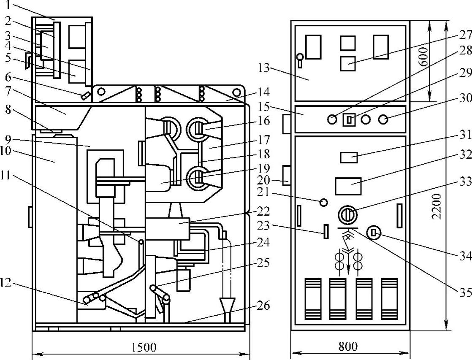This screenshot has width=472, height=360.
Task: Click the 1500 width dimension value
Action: (x=144, y=347)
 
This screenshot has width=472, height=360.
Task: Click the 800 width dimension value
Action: (x=348, y=346)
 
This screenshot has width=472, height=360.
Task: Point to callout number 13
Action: (x=263, y=68)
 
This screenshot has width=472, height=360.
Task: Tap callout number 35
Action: (x=465, y=292)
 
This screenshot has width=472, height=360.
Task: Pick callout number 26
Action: (x=263, y=306)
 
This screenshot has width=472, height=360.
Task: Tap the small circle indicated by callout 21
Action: (x=323, y=202)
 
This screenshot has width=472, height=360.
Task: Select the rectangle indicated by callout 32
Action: (x=348, y=186)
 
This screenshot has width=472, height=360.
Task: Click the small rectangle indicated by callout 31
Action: (x=349, y=158)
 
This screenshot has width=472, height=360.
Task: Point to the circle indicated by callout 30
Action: (x=383, y=120)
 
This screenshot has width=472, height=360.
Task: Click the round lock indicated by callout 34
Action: (x=374, y=233)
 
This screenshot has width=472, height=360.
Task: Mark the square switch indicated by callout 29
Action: (x=349, y=120)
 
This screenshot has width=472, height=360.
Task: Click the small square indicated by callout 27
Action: (x=348, y=63)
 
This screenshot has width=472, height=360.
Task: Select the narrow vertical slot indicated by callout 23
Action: (x=326, y=231)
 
